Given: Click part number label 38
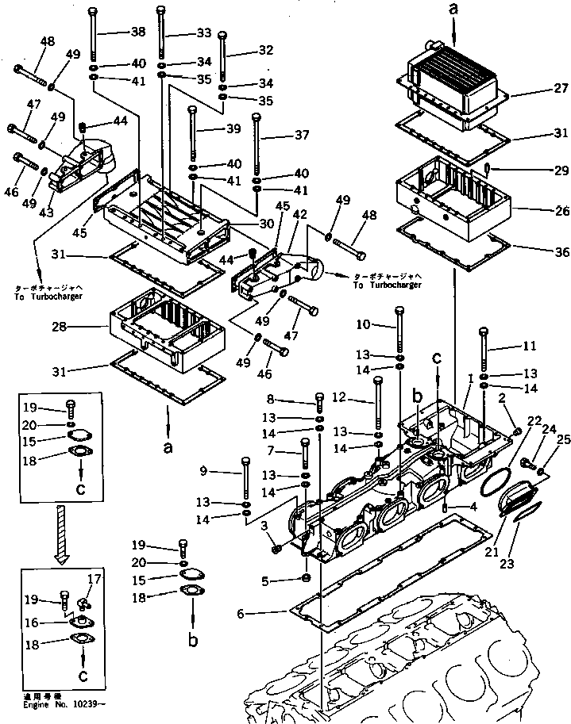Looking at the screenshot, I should (x=139, y=33).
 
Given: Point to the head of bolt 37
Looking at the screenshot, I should (x=257, y=117).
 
